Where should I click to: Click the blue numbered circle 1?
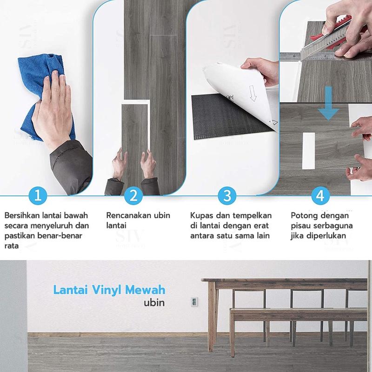tap(38, 196)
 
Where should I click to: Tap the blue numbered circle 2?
tap(133, 196)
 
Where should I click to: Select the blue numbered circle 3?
tap(227, 196)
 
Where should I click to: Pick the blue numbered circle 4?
tap(320, 196)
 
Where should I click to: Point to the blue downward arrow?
tap(328, 103)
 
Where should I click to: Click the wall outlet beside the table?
tap(194, 302)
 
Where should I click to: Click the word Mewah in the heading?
tap(145, 290)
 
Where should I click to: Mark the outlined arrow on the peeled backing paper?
tap(252, 93)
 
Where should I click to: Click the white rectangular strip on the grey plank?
tap(309, 151)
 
